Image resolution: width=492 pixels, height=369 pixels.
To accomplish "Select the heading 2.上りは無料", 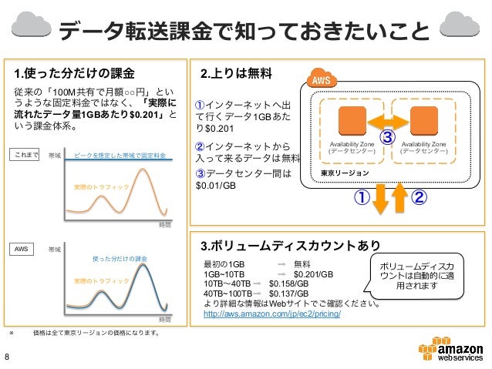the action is [x=235, y=74].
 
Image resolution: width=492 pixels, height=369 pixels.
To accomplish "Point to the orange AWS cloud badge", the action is [x=319, y=80].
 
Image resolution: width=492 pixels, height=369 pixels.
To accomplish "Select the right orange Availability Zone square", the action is [x=424, y=120].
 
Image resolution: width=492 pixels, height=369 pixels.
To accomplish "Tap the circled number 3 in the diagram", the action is [x=388, y=138].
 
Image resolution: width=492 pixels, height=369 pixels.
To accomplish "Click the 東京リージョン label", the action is [x=345, y=174].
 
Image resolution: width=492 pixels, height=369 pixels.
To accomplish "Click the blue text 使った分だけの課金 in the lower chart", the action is [x=120, y=258].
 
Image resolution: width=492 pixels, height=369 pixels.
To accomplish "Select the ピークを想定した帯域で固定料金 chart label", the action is [x=120, y=155].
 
